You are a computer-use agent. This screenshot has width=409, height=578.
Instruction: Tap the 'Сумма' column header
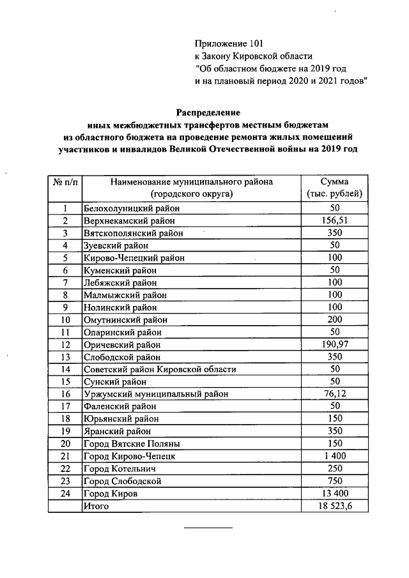[x=335, y=181]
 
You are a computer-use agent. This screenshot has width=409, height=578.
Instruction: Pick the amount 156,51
[x=335, y=221]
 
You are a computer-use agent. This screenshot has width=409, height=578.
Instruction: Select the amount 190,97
[x=335, y=345]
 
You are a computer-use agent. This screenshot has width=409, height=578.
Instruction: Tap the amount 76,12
[x=335, y=394]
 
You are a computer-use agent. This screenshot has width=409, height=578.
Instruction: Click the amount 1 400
[x=335, y=457]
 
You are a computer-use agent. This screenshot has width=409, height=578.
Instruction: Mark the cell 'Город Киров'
[x=111, y=494]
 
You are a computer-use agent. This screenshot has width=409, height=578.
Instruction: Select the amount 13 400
[x=335, y=494]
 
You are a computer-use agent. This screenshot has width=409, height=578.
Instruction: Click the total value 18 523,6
[x=335, y=506]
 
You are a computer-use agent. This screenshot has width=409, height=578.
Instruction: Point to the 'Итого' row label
[x=96, y=506]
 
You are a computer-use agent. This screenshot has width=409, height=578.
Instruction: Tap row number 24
[x=65, y=494]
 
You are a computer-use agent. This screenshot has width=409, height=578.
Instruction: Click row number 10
[x=65, y=320]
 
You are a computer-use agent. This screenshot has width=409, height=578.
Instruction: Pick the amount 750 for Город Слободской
[x=335, y=482]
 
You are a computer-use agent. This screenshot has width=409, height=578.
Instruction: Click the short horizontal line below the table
[x=209, y=529]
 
